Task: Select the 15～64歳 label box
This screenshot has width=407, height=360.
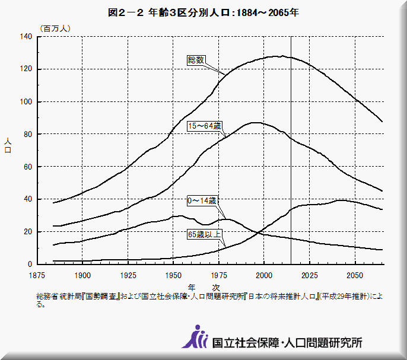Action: tap(204, 126)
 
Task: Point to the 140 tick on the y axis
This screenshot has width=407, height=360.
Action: tap(26, 37)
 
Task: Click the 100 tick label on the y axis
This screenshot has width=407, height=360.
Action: tap(26, 102)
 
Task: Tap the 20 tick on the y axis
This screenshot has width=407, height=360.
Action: tap(28, 232)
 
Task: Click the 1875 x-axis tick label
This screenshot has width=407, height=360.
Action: tap(38, 275)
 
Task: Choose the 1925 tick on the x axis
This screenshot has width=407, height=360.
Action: tap(128, 275)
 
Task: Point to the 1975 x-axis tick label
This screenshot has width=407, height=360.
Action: tap(219, 275)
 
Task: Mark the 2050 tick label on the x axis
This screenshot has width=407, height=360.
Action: tap(355, 275)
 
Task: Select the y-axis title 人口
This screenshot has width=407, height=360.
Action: tap(8, 146)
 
